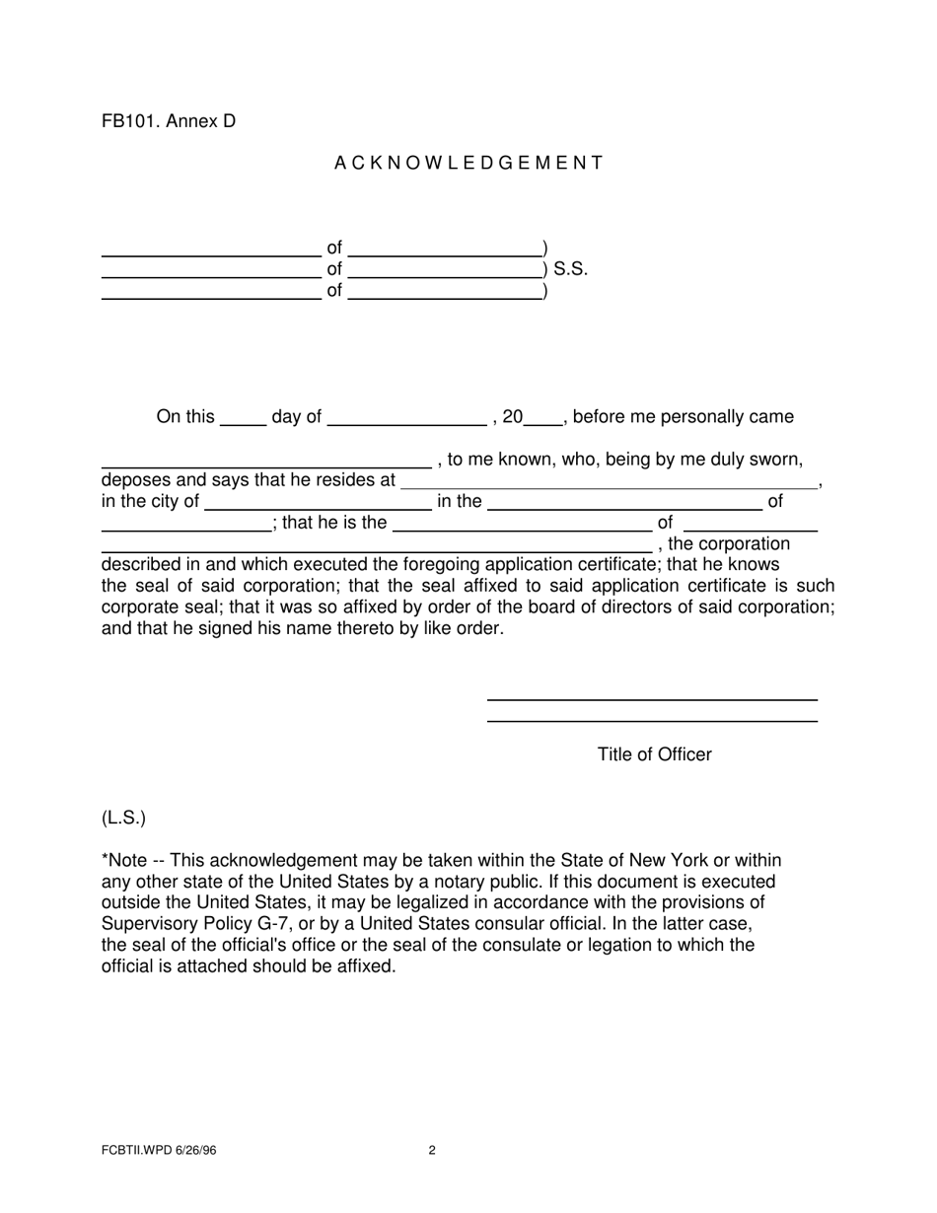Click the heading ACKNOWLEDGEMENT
468,164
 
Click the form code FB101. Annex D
169,121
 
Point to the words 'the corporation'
729,544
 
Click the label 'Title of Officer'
654,754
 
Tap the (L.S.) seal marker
123,819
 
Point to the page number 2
432,1150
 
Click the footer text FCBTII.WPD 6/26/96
158,1150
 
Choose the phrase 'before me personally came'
683,417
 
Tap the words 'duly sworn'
760,460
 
